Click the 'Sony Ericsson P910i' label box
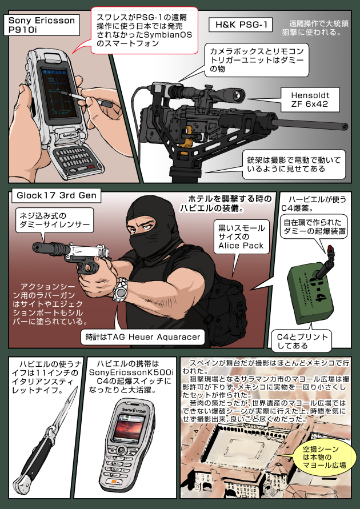tap(41, 26)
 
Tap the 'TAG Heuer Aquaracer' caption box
tap(141, 337)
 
